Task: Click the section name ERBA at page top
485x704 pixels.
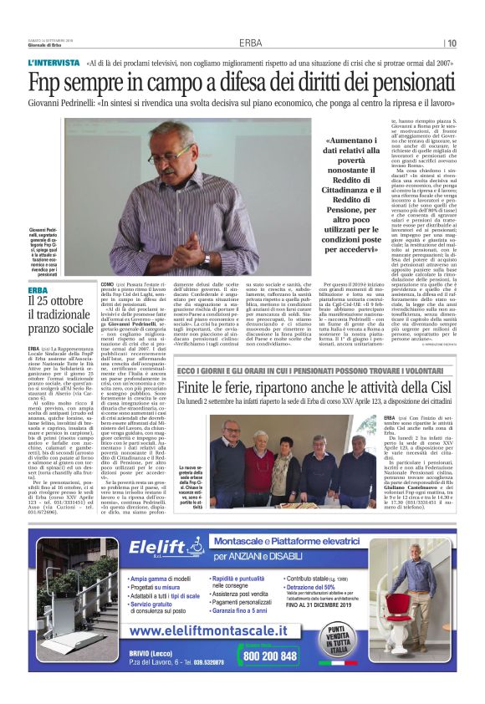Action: (250, 43)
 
